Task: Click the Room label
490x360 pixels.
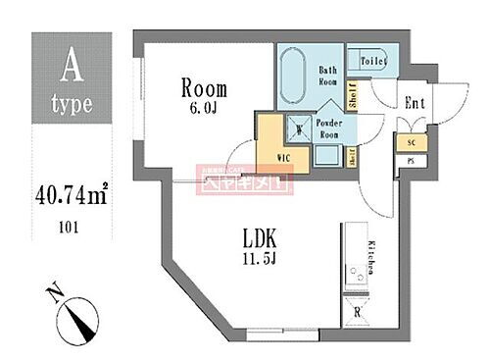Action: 205,87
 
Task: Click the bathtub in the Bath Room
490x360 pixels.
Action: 294,80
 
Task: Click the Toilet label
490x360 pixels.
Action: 372,61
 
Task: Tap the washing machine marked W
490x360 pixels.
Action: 273,128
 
